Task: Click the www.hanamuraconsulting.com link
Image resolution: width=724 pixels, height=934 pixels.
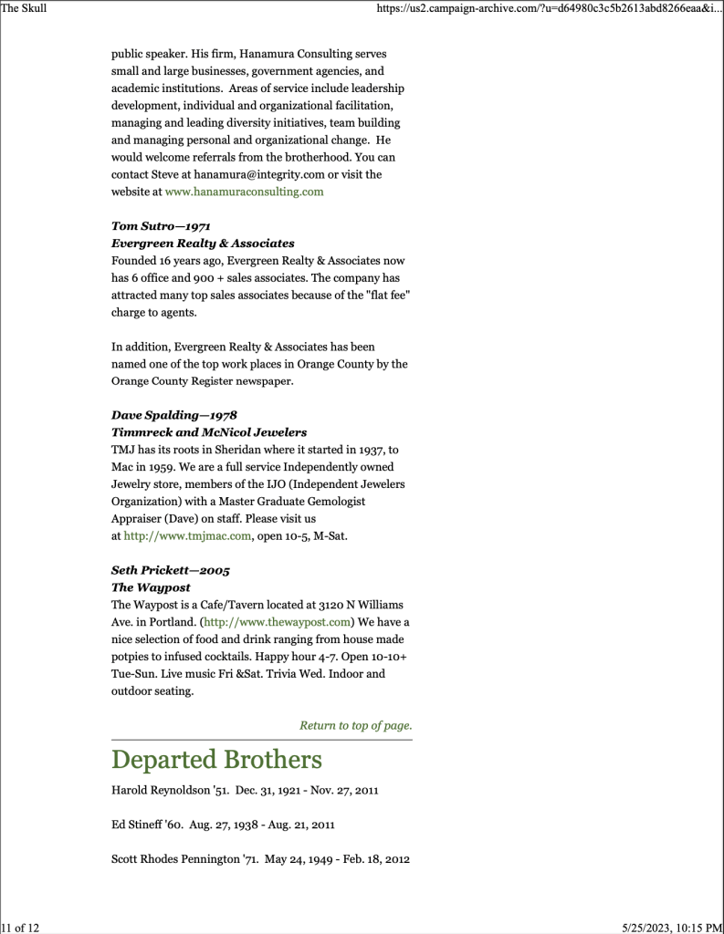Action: [244, 192]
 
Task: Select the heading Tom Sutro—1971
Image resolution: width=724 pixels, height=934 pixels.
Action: [162, 225]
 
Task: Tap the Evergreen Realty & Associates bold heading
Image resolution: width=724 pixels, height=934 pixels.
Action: [203, 244]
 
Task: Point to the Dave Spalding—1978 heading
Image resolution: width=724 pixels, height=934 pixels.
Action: [174, 415]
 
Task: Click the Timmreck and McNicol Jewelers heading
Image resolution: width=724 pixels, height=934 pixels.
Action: [209, 432]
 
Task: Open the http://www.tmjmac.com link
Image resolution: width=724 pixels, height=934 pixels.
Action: [187, 536]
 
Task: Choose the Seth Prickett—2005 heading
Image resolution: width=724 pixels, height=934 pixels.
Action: [171, 570]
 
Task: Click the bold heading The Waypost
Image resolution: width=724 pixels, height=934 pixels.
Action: [151, 587]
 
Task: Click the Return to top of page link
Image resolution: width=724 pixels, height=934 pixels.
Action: [355, 726]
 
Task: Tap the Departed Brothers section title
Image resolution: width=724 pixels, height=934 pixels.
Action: [216, 760]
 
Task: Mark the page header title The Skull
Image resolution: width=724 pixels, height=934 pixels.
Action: [24, 8]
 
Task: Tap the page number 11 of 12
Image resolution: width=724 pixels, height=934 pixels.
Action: [21, 927]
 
